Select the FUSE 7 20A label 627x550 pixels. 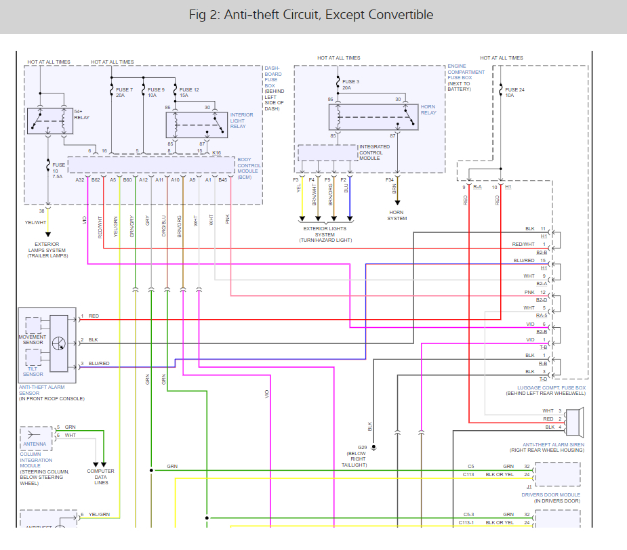(x=124, y=92)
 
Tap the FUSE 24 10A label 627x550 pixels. (x=514, y=92)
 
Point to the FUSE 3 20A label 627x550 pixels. (x=350, y=85)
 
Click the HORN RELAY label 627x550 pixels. (x=428, y=110)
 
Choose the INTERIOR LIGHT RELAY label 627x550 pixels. (x=242, y=120)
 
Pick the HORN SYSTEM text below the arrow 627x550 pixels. (x=397, y=216)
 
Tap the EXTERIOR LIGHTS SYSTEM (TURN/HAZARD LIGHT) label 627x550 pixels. (x=328, y=234)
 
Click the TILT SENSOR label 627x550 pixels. (x=33, y=371)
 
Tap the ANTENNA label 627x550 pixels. (x=35, y=444)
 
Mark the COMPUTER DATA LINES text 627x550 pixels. (x=100, y=477)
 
